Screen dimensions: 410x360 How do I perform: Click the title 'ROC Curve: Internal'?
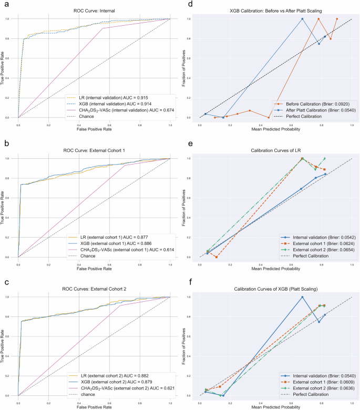point(94,11)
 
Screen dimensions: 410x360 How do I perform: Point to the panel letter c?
point(5,282)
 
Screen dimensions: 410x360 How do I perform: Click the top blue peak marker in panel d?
point(302,19)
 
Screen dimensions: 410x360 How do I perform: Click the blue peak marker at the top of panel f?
point(302,297)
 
